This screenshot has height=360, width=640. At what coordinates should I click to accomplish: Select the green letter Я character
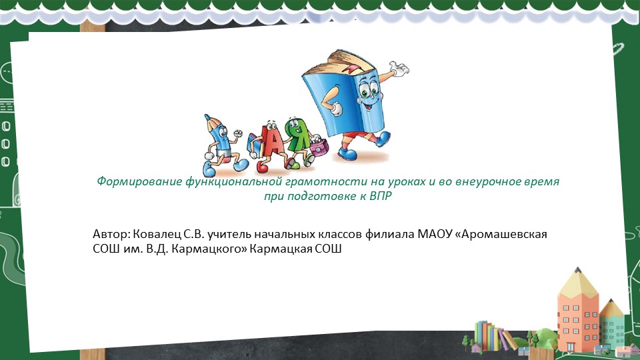[296, 137]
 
